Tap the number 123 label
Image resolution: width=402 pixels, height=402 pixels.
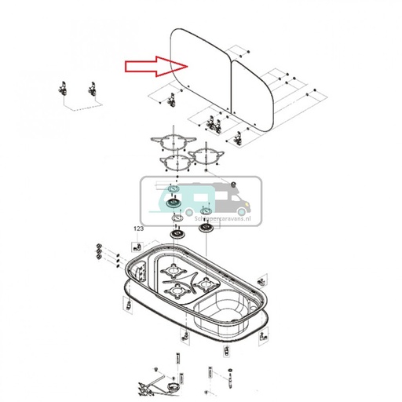tap(140, 228)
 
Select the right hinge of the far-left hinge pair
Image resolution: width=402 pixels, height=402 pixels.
tap(93, 88)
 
